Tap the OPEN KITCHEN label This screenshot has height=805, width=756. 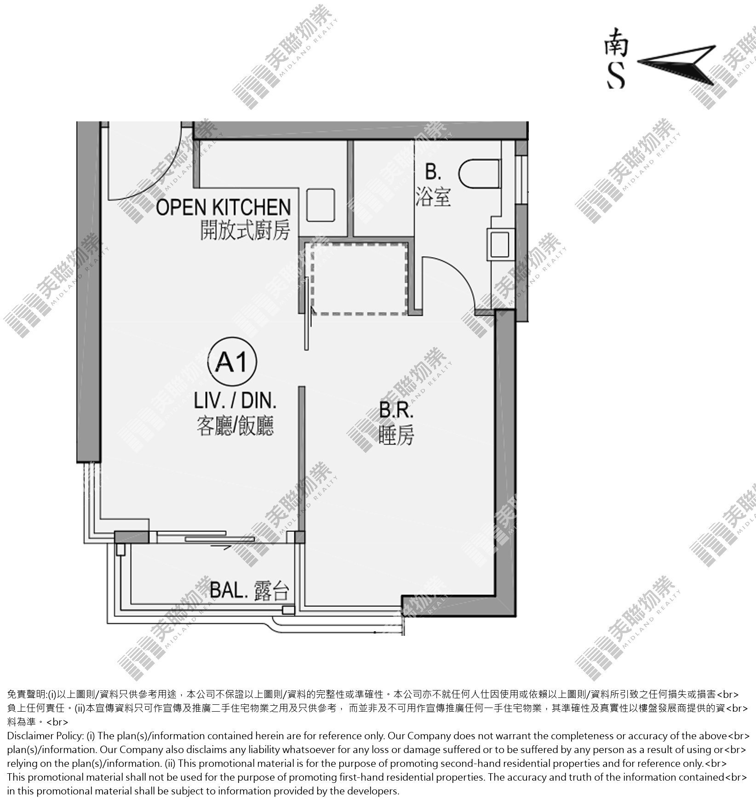click(x=223, y=207)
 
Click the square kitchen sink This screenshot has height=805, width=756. click(x=321, y=205)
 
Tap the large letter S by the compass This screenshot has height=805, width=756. click(x=616, y=76)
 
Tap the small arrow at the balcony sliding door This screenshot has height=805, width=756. click(x=221, y=547)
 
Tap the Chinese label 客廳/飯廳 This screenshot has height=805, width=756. click(x=235, y=426)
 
